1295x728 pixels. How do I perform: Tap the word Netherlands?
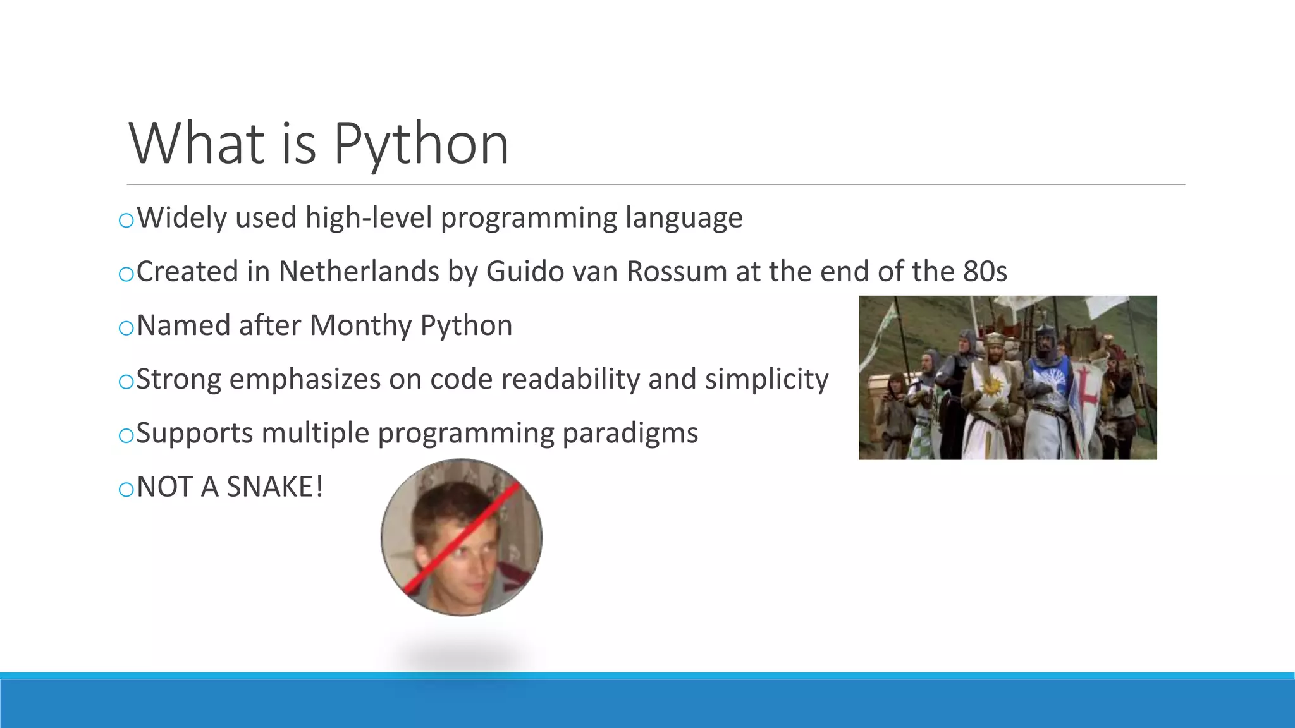(x=359, y=272)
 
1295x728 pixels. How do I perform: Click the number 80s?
(x=985, y=272)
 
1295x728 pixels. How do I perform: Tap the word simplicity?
(x=766, y=380)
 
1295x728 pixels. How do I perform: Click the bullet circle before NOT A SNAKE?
(x=126, y=489)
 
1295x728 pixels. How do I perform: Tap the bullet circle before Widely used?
(x=126, y=220)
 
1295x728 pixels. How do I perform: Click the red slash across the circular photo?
(x=462, y=538)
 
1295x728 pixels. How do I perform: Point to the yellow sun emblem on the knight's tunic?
(x=991, y=384)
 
